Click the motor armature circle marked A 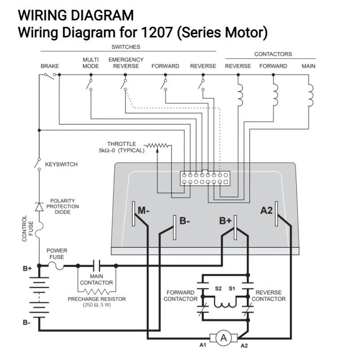[223, 338]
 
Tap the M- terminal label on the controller [144, 210]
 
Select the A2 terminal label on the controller [267, 210]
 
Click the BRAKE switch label [49, 66]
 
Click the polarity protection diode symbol [39, 206]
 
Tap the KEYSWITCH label [61, 164]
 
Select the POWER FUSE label [57, 254]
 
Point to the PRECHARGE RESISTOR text [97, 299]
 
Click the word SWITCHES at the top [126, 47]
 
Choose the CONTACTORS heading [273, 54]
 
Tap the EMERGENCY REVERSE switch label [126, 63]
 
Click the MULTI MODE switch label [91, 63]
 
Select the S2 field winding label [218, 289]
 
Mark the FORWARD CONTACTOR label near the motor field [180, 295]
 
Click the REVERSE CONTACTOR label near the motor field [268, 295]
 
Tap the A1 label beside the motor [203, 345]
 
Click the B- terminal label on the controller [185, 221]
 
